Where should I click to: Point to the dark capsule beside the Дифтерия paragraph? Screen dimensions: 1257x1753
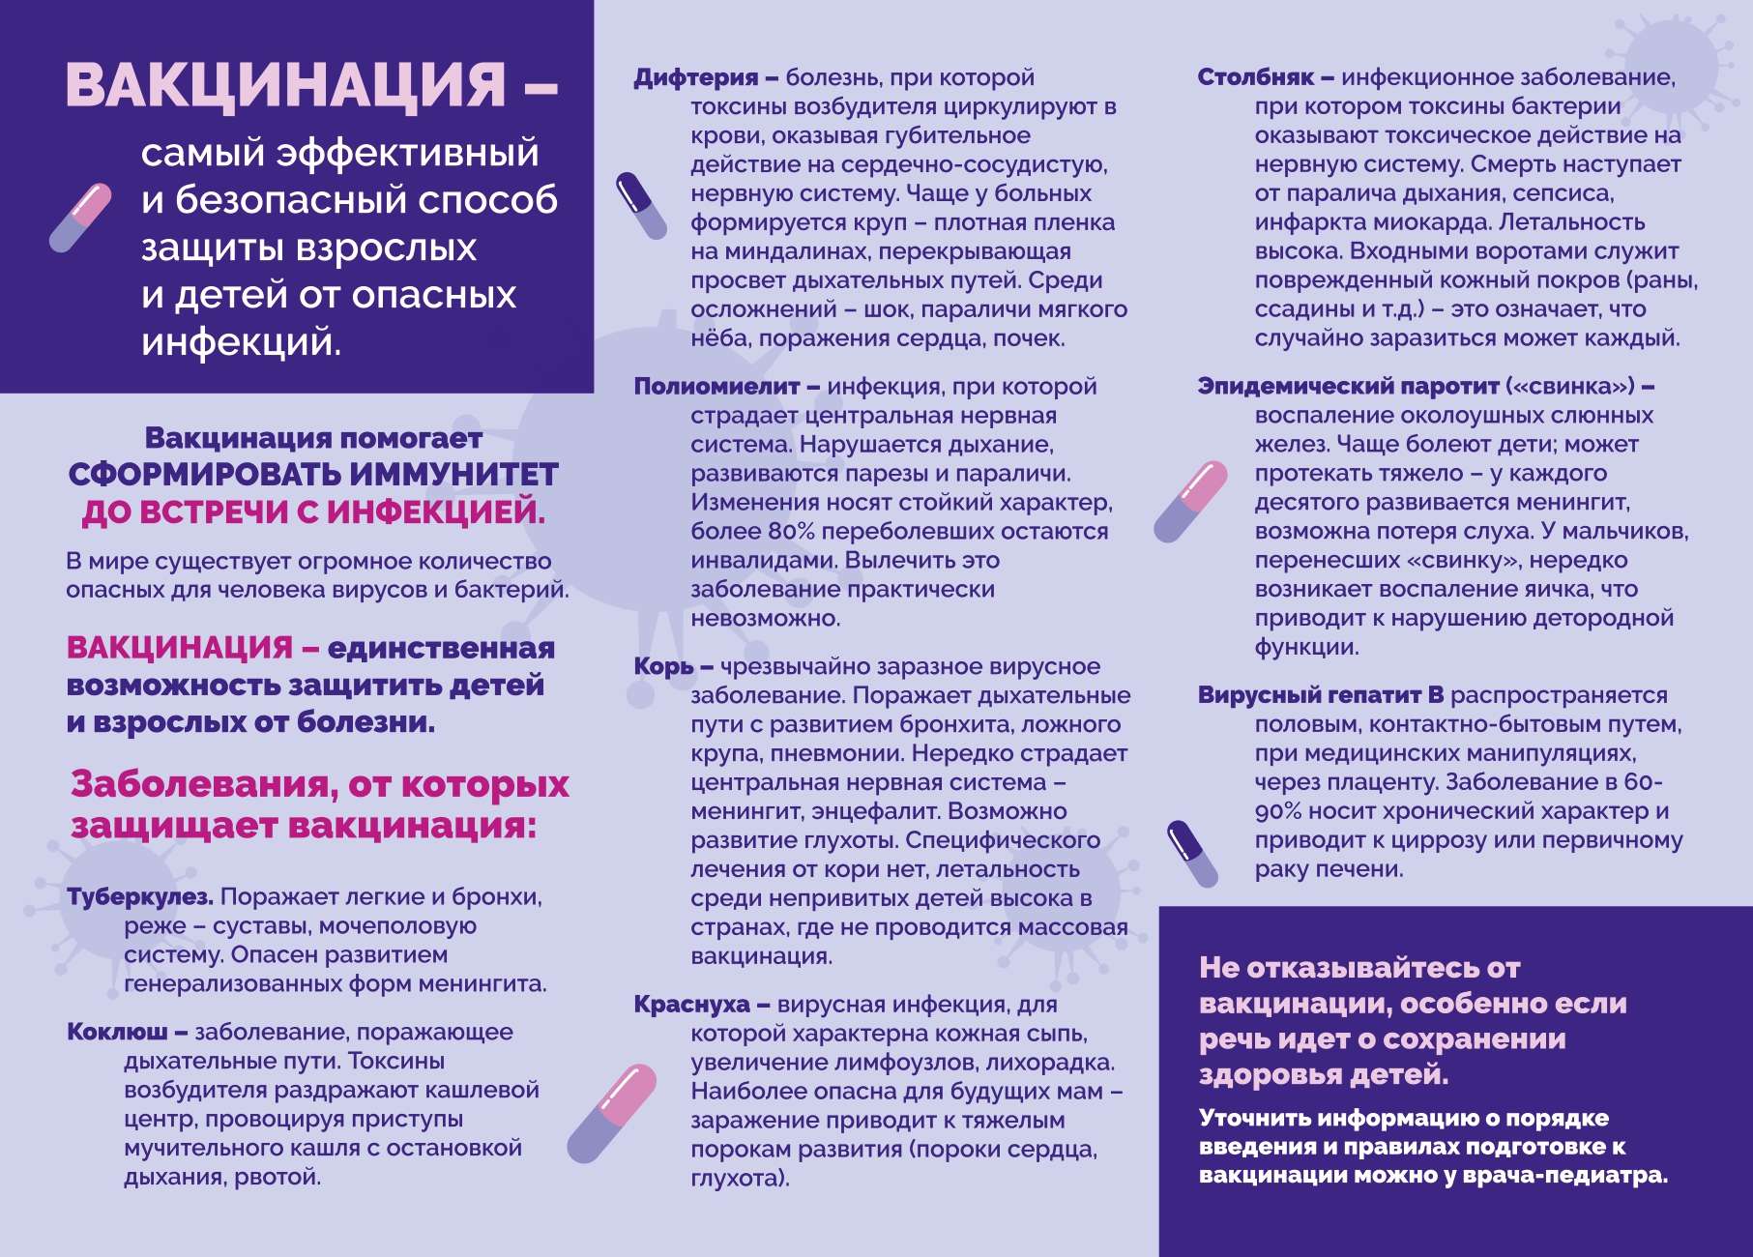tap(641, 205)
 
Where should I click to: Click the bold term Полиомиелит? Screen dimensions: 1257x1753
tap(716, 387)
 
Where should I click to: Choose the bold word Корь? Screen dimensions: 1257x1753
tap(663, 666)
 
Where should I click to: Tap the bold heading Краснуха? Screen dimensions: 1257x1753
tap(691, 1005)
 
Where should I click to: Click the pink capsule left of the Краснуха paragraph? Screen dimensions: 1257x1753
tap(612, 1112)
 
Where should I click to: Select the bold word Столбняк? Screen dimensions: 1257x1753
tap(1256, 77)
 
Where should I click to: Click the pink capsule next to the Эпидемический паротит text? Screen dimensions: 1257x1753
tap(1190, 501)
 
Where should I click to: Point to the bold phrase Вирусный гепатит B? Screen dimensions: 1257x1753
tap(1321, 695)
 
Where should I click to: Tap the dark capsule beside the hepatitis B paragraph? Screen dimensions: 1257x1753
tap(1192, 853)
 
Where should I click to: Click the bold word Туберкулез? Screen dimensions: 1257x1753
tap(140, 897)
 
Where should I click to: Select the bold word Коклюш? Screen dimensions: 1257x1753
tap(117, 1032)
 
